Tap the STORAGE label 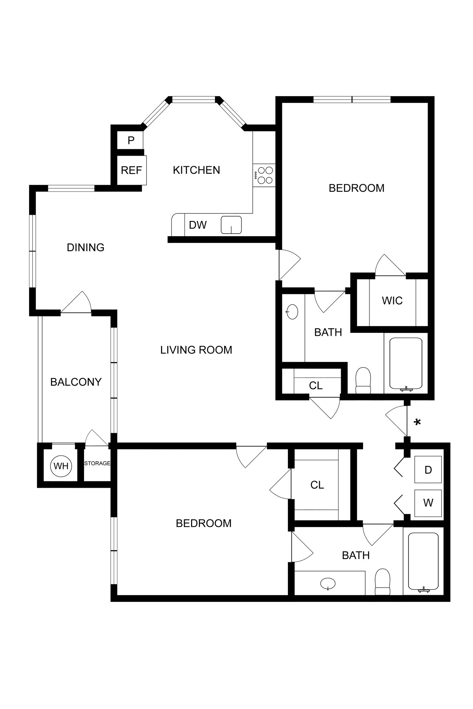pos(97,463)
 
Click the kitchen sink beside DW pos(231,225)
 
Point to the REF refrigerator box pos(132,171)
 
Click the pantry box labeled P pos(131,140)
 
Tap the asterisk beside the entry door pos(418,422)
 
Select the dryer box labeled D pos(428,470)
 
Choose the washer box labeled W pos(428,503)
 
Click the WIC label pos(392,301)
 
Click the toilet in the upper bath pos(363,381)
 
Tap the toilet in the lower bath pos(383,582)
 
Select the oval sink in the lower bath pos(328,583)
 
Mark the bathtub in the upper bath pos(406,363)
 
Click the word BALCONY pos(76,382)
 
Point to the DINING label pos(85,247)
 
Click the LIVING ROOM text pos(196,350)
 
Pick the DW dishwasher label pos(197,225)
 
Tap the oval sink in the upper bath pos(292,312)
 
